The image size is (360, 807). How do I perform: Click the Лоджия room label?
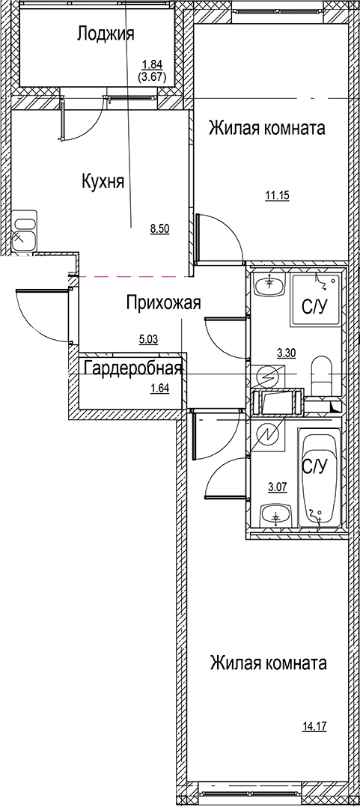(105, 33)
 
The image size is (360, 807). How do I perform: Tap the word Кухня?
(103, 180)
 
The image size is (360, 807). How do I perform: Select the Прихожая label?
(162, 302)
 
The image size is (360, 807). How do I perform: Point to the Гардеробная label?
(133, 368)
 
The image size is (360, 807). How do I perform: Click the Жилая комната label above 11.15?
(266, 128)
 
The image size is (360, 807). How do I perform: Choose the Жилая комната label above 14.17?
(268, 663)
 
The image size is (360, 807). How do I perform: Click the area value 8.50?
(159, 230)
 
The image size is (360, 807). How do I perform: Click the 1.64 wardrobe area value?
(159, 388)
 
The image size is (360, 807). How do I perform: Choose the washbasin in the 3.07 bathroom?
(275, 516)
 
